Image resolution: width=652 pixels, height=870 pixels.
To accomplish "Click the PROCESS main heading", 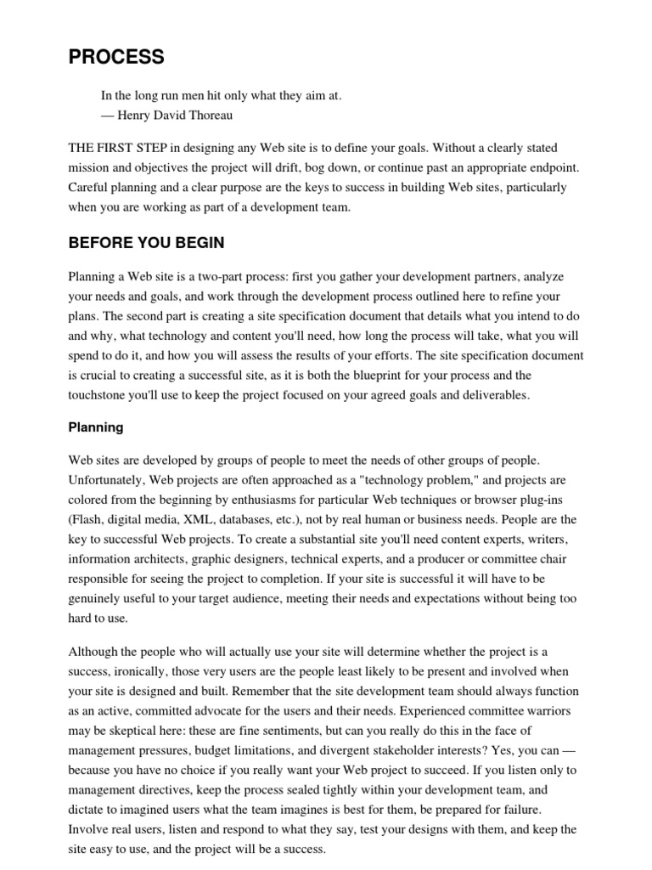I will point(116,58).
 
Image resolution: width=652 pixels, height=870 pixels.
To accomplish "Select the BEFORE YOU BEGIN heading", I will point(146,243).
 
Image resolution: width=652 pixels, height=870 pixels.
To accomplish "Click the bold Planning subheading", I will point(96,427).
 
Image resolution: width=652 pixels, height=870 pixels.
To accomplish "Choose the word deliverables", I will point(491,394).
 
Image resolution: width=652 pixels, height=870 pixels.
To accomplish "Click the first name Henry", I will point(136,115).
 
